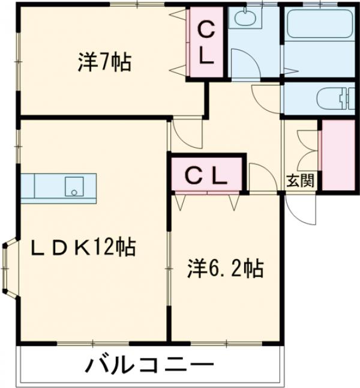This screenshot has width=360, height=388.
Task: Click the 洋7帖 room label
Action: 104,62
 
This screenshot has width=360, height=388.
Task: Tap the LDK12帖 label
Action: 83,247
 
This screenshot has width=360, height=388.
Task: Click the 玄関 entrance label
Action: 299,180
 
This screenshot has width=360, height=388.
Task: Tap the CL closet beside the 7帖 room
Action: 206,43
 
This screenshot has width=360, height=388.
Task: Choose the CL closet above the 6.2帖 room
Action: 205,176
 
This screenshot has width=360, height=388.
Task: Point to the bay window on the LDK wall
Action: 8,268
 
